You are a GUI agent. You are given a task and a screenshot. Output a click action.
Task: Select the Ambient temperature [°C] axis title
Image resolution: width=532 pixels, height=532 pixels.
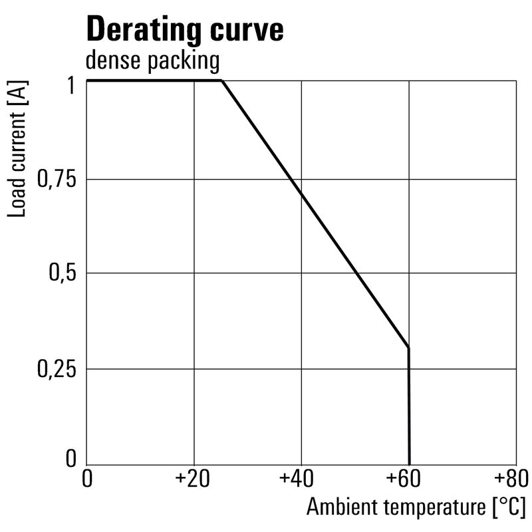click(x=416, y=507)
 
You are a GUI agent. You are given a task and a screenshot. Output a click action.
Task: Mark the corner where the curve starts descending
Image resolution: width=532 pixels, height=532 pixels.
click(x=221, y=81)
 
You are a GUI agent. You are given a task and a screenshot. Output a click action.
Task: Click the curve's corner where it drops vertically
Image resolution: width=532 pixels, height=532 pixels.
click(x=408, y=348)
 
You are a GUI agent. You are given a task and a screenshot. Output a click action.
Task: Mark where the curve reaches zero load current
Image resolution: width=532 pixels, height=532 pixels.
click(x=409, y=464)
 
